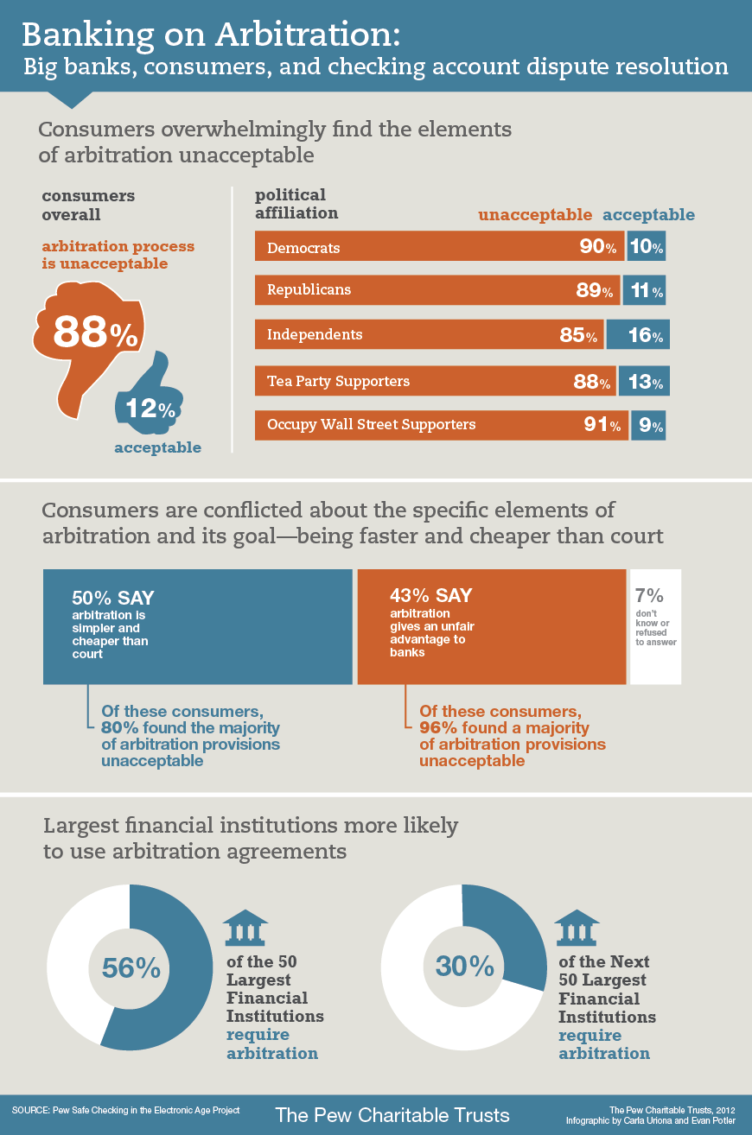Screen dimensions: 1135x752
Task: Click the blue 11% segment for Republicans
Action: [x=645, y=290]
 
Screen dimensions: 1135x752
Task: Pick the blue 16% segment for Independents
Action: [x=638, y=335]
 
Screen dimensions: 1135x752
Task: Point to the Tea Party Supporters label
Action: [x=338, y=381]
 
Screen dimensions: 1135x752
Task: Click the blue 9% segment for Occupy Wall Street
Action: [x=648, y=425]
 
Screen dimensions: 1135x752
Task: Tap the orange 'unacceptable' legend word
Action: [x=535, y=214]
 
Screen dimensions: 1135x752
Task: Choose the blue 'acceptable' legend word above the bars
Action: [x=648, y=214]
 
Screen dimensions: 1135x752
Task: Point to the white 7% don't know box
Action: [x=655, y=626]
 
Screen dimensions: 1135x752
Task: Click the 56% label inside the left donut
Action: [x=131, y=967]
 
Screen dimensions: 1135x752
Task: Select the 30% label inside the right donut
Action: [x=465, y=966]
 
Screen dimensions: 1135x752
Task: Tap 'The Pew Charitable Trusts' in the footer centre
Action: [x=392, y=1113]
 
